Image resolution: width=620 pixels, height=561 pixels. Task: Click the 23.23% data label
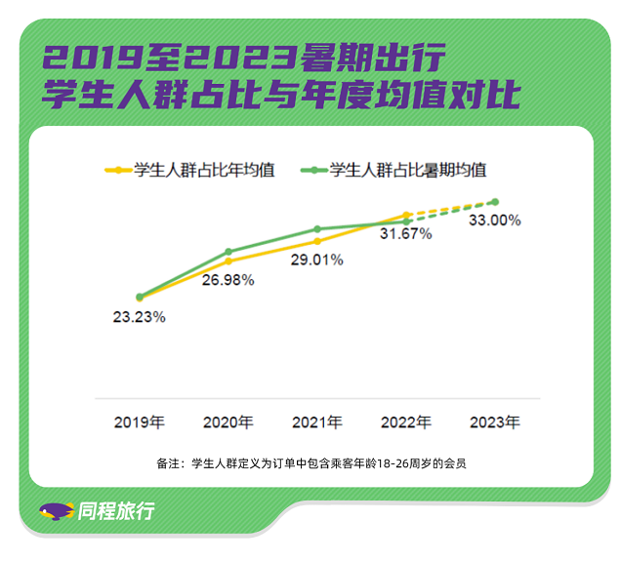[x=139, y=316]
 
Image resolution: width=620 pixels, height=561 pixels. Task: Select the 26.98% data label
[x=227, y=280]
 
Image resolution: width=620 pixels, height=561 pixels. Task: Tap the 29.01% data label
[x=316, y=260]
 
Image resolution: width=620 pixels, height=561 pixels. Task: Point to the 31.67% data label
[x=405, y=235]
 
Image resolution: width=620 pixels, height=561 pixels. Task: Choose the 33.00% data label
[x=494, y=220]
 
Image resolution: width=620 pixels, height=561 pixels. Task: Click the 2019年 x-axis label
[x=139, y=423]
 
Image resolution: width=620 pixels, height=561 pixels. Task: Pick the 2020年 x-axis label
[x=227, y=423]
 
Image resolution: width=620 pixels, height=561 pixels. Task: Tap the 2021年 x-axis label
[x=316, y=423]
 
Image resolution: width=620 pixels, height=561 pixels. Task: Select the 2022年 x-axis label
[x=405, y=423]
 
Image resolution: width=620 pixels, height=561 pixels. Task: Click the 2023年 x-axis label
[x=494, y=423]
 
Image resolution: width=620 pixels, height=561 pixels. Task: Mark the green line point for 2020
[x=228, y=252]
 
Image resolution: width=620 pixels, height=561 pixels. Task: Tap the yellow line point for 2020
[x=228, y=261]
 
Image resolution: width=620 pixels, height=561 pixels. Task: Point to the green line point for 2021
[x=317, y=229]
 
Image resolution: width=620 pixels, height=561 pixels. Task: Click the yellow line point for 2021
[x=317, y=241]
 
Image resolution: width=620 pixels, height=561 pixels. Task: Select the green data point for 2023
[x=495, y=202]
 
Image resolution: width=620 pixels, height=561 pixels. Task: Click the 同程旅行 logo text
[x=115, y=510]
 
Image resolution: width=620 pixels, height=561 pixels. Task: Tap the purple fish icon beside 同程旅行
[x=57, y=510]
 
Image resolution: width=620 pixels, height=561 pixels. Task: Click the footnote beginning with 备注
[x=310, y=463]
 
